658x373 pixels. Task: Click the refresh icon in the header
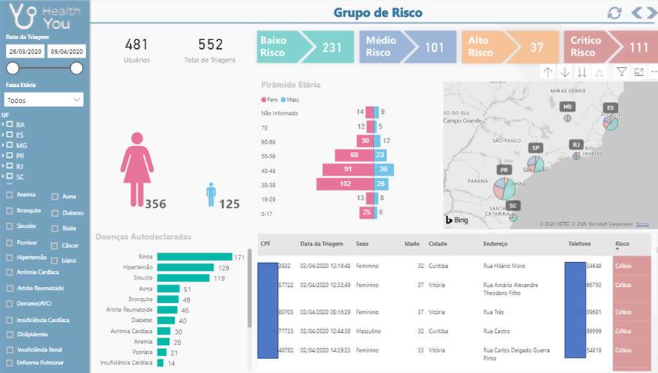pos(614,13)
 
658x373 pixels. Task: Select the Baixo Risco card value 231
pos(331,47)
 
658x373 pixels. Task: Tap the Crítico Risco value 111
pos(638,47)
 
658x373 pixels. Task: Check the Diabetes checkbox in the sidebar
pos(56,213)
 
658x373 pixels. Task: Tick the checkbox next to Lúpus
pos(56,260)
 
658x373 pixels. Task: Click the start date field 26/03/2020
pos(24,52)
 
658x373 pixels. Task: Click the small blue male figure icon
pos(211,194)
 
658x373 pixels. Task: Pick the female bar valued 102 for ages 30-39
pos(345,184)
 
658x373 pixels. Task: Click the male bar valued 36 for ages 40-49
pos(385,169)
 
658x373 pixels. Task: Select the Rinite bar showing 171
pos(194,257)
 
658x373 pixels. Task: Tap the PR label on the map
pos(504,169)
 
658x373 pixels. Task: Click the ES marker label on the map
pos(609,108)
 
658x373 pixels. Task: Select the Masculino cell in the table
pos(368,331)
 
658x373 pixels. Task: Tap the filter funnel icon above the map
pos(621,72)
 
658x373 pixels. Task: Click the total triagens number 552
pos(210,45)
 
